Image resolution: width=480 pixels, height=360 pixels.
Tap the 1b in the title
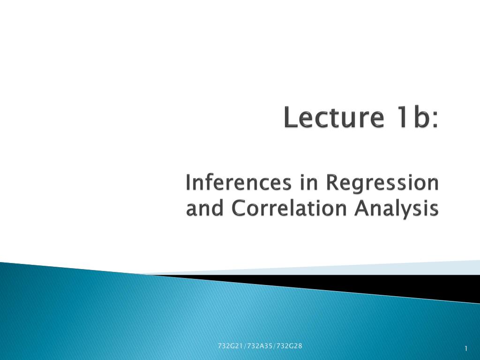[413, 118]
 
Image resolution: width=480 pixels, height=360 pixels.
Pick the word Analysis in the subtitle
[397, 209]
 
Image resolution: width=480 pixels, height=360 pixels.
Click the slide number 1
[466, 348]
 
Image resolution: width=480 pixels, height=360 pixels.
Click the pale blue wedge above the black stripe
[375, 268]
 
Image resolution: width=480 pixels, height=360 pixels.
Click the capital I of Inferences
[188, 183]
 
